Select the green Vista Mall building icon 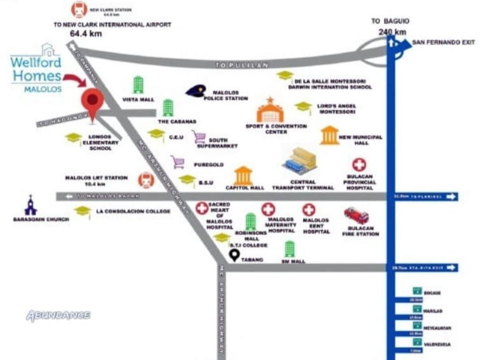coord(138,85)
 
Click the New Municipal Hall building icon coord(329,135)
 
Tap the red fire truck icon coord(356,216)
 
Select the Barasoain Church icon coord(30,205)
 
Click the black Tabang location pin coord(234,255)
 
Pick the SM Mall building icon coord(290,249)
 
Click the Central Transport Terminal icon coord(300,161)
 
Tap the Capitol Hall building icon coord(243,175)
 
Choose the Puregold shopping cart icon coord(177,162)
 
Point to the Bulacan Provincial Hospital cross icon coord(359,165)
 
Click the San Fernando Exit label coord(444,42)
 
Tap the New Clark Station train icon coord(79,10)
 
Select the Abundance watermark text coord(58,315)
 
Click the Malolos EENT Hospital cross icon coord(309,210)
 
